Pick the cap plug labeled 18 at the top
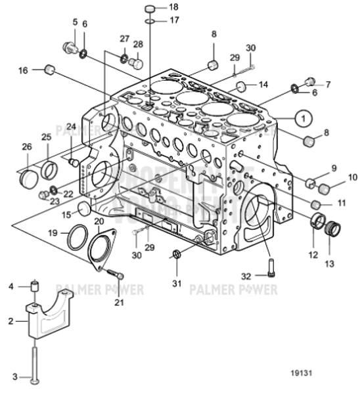pyautogui.click(x=149, y=9)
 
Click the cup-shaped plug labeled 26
pyautogui.click(x=28, y=177)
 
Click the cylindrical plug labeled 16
pyautogui.click(x=48, y=69)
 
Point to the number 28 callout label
pyautogui.click(x=138, y=44)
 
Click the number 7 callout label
pyautogui.click(x=328, y=84)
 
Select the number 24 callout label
pyautogui.click(x=71, y=127)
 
